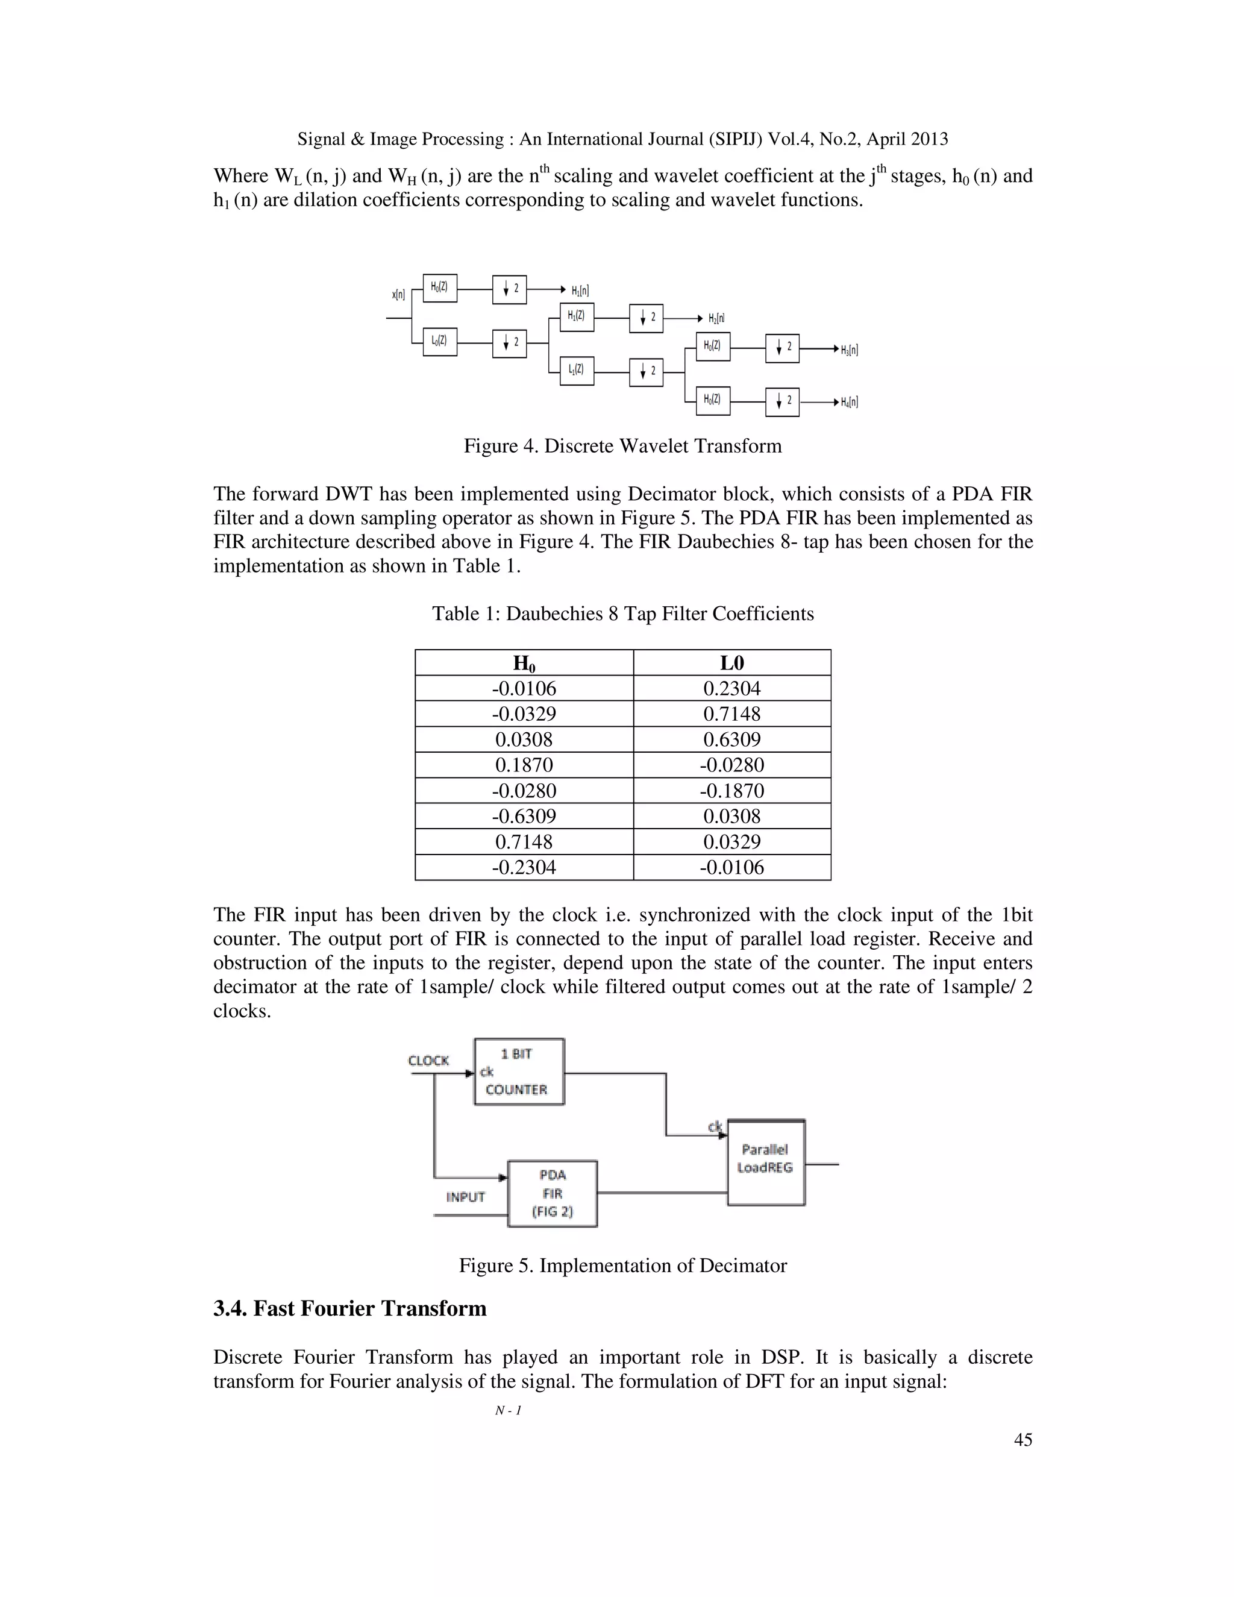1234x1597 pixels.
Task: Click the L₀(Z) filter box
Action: click(439, 342)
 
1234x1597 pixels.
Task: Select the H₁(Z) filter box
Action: click(576, 316)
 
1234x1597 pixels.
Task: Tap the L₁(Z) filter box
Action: click(576, 371)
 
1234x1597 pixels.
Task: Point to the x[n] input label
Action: click(398, 295)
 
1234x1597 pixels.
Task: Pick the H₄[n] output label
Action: click(849, 402)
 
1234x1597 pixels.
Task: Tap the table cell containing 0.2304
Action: click(731, 689)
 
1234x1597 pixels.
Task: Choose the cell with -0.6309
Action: click(524, 817)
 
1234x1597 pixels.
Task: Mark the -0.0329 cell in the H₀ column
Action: click(524, 714)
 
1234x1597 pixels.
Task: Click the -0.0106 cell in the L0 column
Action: click(731, 868)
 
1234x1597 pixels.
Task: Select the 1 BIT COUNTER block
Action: click(519, 1072)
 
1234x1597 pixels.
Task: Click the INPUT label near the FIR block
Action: click(466, 1197)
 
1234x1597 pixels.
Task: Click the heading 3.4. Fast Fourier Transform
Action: click(349, 1308)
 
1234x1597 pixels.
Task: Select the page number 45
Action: click(1023, 1440)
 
